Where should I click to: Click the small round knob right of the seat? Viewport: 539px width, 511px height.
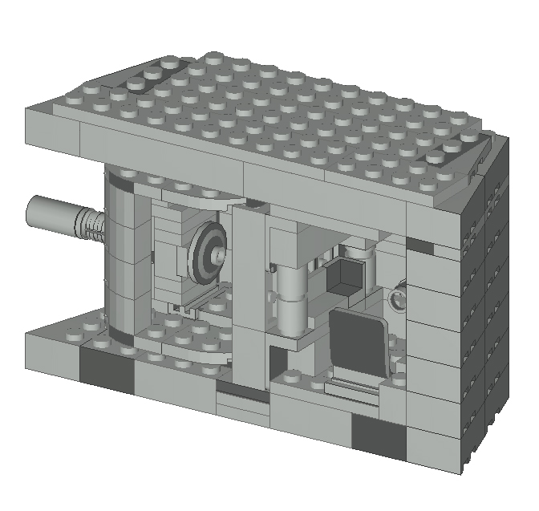click(x=396, y=301)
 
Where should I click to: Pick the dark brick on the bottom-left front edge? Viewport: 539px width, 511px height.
click(x=106, y=372)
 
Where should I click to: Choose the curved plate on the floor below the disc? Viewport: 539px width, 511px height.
click(x=188, y=345)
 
